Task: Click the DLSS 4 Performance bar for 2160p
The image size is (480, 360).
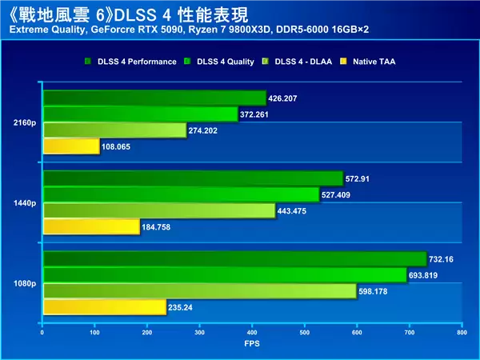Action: [154, 98]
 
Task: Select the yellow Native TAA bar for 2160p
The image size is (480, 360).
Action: [70, 146]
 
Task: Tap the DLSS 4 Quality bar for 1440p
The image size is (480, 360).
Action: [181, 194]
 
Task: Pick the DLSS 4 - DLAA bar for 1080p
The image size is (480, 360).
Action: [199, 291]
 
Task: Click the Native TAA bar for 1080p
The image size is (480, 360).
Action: [104, 307]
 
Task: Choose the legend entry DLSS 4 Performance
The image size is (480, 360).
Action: [130, 61]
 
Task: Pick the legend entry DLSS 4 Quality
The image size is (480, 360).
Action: [222, 61]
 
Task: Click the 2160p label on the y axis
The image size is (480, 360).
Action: [23, 122]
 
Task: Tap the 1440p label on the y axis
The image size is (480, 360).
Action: [23, 203]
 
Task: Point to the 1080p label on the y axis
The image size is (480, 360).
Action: [23, 283]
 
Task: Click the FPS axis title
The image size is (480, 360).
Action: [252, 344]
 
